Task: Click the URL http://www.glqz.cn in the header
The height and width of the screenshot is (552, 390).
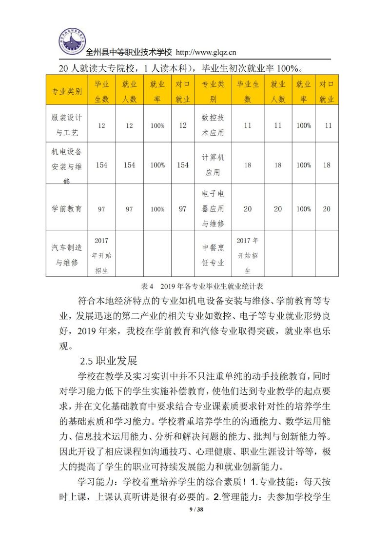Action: point(205,52)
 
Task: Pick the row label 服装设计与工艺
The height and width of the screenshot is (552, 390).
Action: point(67,125)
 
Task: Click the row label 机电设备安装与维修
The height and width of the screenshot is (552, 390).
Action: point(67,165)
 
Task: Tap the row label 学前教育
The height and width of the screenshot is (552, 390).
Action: point(67,209)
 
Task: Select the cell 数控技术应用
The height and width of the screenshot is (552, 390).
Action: point(213,125)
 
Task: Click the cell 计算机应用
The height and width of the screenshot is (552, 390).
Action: point(213,165)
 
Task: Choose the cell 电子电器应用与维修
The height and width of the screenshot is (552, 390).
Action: point(213,209)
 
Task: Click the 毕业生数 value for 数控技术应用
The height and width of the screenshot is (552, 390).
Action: point(248,125)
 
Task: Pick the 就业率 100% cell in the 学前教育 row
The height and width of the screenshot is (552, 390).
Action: point(157,209)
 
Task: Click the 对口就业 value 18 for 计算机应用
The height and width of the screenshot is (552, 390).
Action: point(327,165)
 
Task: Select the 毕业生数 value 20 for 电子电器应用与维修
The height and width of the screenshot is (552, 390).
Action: point(248,209)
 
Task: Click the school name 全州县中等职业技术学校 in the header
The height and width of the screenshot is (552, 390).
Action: point(129,52)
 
